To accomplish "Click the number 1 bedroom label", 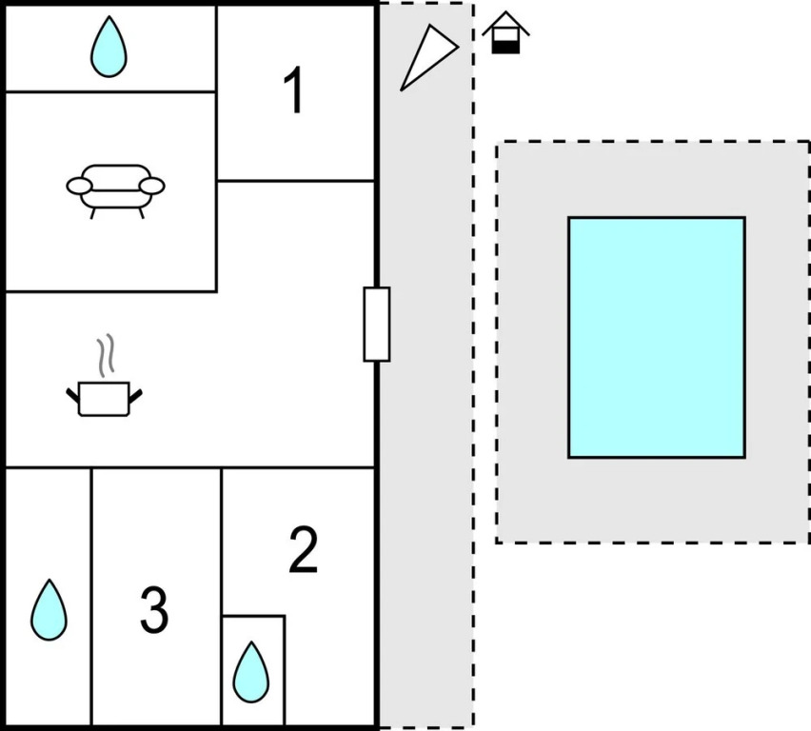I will pos(294,92).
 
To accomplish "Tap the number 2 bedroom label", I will pos(303,551).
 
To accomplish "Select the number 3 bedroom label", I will pos(154,610).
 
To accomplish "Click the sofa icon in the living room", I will pos(115,188).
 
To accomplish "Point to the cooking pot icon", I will pos(104,397).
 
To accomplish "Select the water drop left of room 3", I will pos(49,610).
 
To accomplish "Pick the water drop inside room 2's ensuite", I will pos(251,671).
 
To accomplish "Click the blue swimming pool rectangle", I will pos(657,337).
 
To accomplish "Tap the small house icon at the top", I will pos(505,33).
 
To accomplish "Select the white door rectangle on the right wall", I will pos(377,324).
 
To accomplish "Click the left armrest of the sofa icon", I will pos(78,186).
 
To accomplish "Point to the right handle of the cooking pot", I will pos(137,392).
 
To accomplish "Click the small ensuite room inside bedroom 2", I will pos(253,670).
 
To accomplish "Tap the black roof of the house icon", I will pos(505,22).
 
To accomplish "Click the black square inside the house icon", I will pos(505,46).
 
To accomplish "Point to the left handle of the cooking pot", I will pos(71,392).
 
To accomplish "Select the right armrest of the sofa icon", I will pos(153,186).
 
